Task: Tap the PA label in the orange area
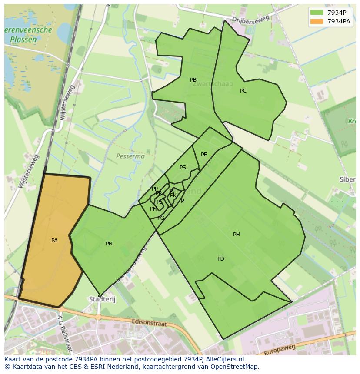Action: tap(54, 240)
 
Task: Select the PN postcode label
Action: tap(109, 244)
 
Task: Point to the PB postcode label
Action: tap(193, 80)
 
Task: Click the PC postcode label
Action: tap(243, 91)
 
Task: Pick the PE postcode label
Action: tap(204, 155)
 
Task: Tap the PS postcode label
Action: tap(183, 168)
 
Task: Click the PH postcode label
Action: tap(237, 235)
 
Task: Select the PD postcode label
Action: tap(221, 259)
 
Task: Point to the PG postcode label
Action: tap(161, 218)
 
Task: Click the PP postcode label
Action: tap(154, 189)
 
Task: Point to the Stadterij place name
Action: tap(100, 299)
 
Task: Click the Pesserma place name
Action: tap(130, 156)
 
